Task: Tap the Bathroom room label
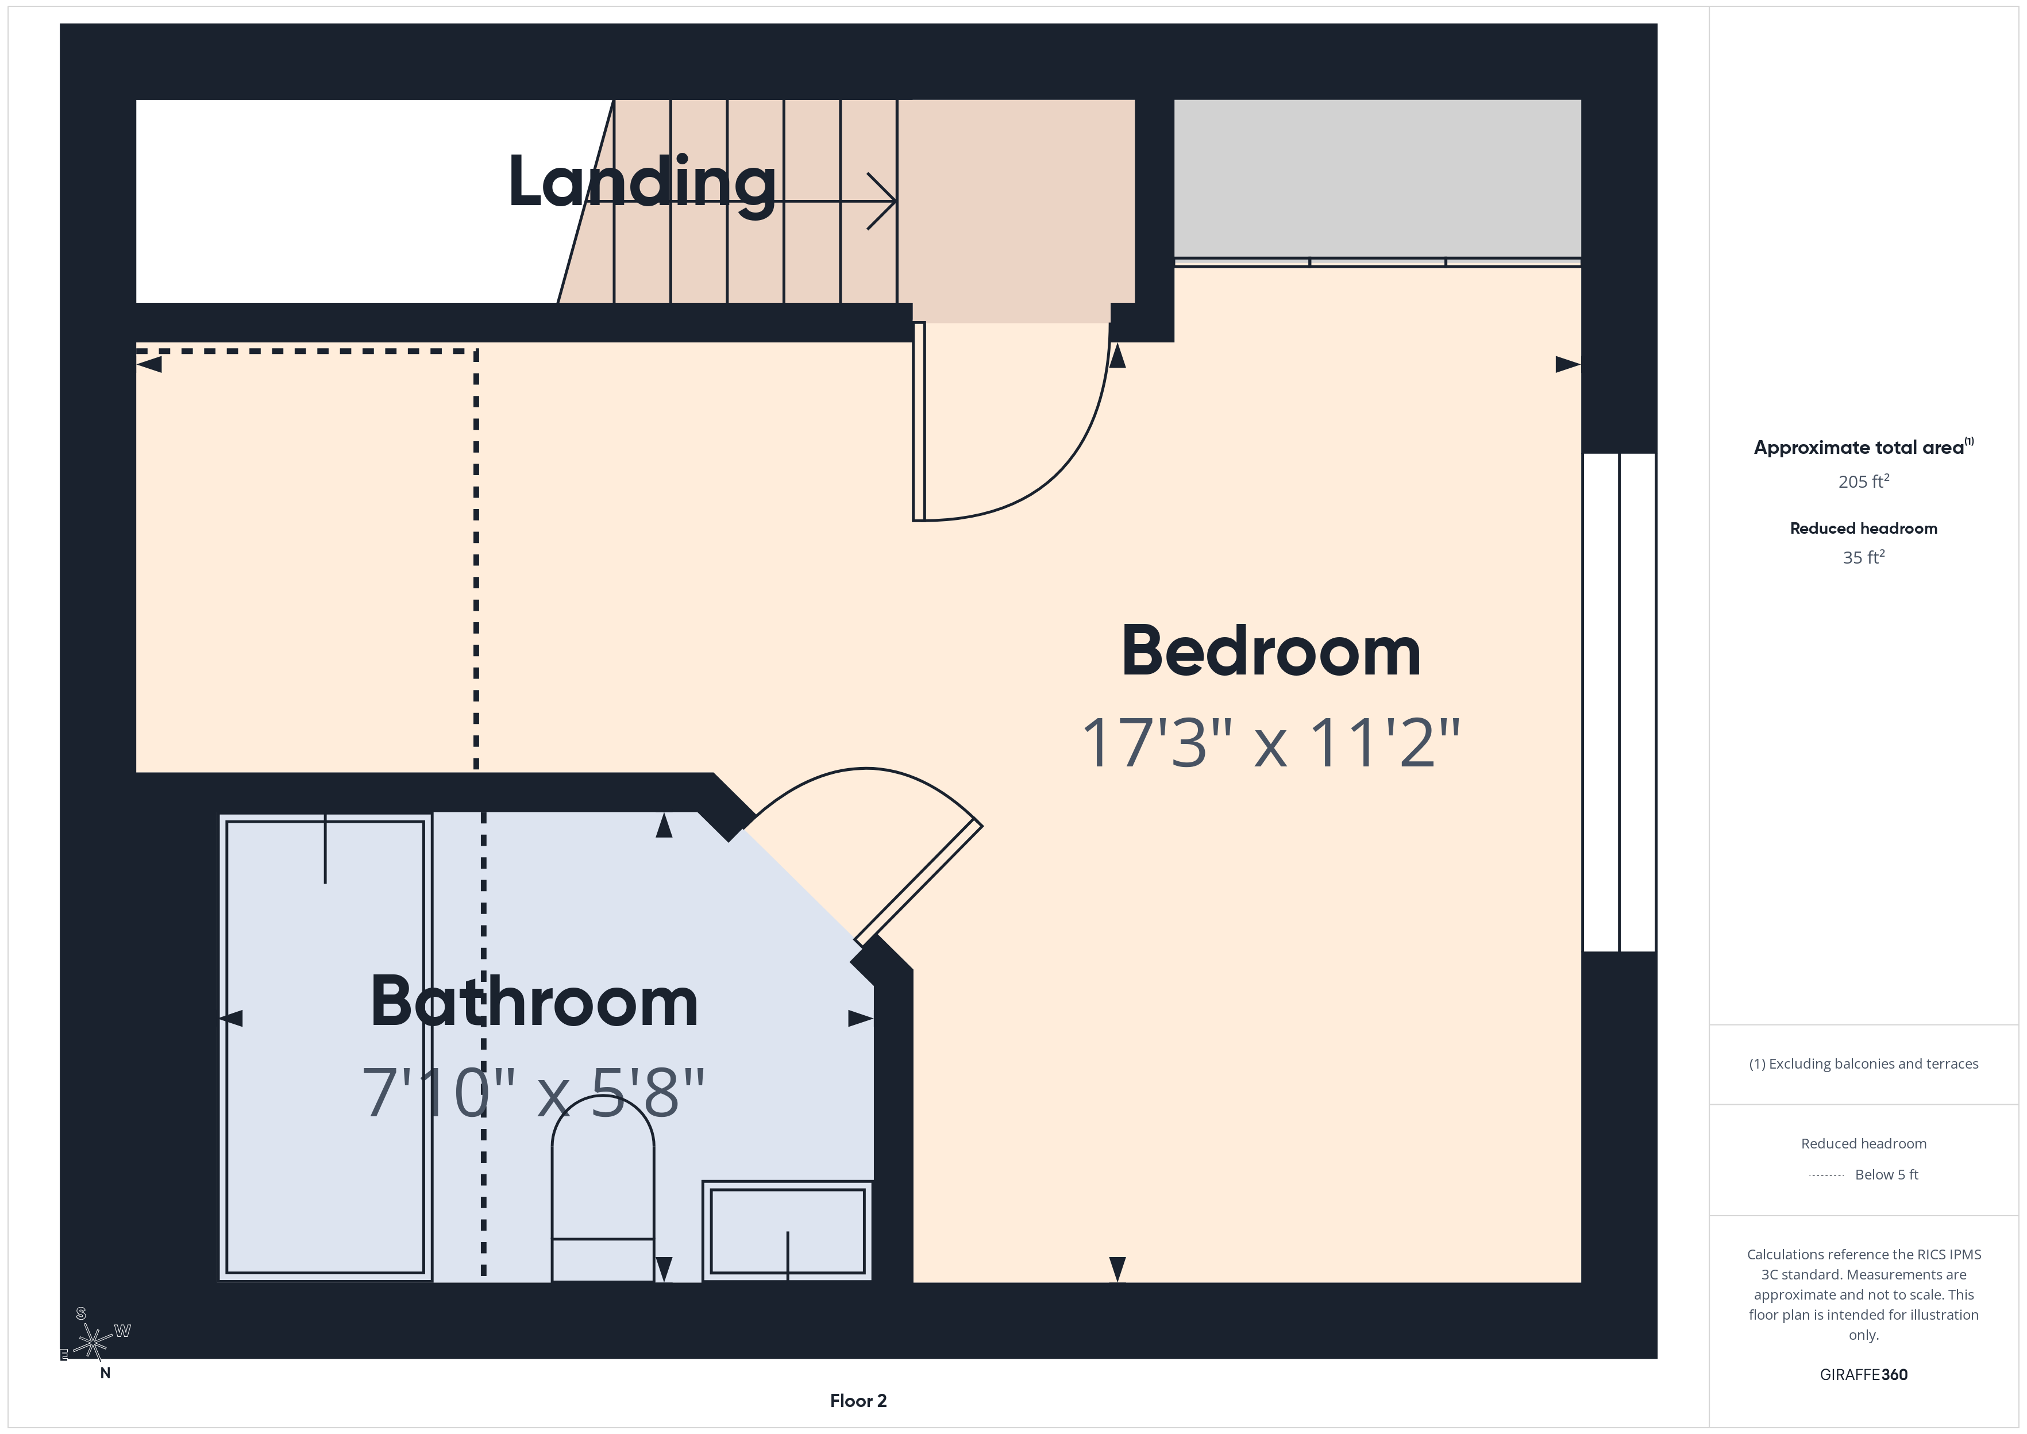[534, 1001]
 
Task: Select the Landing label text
[642, 182]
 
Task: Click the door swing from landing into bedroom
[1015, 424]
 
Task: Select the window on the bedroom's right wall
[1618, 702]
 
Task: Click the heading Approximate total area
[1859, 448]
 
